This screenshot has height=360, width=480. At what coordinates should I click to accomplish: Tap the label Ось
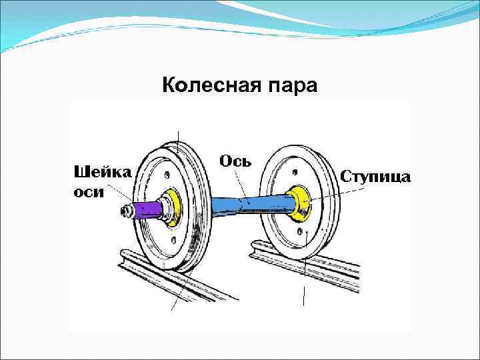pyautogui.click(x=235, y=161)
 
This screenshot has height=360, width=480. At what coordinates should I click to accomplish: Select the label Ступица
pyautogui.click(x=376, y=176)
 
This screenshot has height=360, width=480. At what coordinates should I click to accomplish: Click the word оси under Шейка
pyautogui.click(x=88, y=191)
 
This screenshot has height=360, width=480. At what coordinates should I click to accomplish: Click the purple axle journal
pyautogui.click(x=145, y=211)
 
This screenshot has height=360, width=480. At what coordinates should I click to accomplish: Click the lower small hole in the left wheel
pyautogui.click(x=174, y=239)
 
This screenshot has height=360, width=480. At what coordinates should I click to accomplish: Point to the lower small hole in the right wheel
pyautogui.click(x=303, y=233)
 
